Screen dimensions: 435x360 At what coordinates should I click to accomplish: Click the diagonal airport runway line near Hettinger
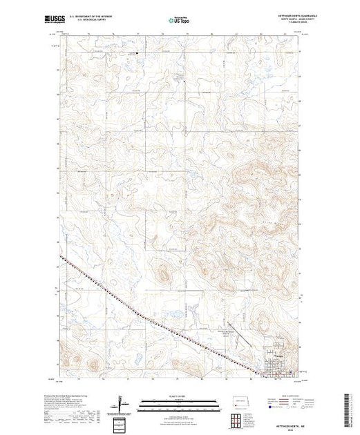(x=234, y=338)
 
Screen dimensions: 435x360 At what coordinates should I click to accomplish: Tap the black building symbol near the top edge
(x=136, y=52)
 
